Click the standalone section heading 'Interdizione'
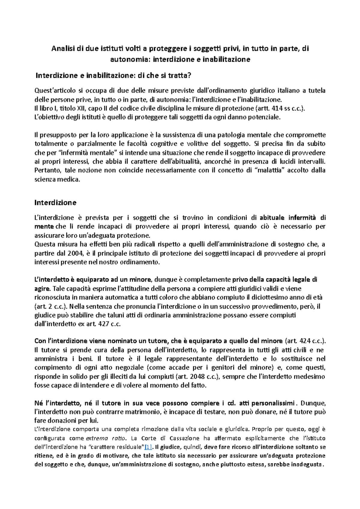55,203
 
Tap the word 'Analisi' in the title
62,49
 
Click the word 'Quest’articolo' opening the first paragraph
54,91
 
